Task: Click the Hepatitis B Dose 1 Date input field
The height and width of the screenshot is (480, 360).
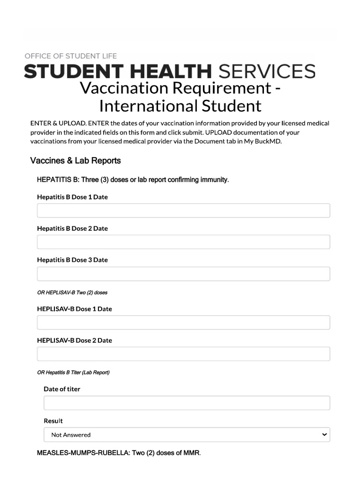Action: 183,210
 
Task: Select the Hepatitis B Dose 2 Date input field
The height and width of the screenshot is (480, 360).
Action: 183,242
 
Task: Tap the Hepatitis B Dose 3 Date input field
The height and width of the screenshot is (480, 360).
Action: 183,274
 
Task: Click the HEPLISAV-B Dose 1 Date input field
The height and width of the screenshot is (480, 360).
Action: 183,322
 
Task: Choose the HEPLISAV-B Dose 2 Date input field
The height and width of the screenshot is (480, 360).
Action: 183,354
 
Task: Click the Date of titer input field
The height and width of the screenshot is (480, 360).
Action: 187,403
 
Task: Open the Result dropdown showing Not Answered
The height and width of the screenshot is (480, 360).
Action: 187,435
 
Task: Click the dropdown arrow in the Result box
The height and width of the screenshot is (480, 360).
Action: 324,435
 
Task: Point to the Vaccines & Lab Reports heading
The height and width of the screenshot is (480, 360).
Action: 75,161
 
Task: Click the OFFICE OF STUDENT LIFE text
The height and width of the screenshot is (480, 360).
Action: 71,56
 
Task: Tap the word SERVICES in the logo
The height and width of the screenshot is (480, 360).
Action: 267,72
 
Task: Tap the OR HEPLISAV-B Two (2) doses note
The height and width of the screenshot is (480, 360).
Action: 72,292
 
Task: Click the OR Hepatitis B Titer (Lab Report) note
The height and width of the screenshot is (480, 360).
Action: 73,373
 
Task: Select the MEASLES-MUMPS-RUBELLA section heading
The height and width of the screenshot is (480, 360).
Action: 119,453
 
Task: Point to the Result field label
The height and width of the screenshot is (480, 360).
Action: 53,421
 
